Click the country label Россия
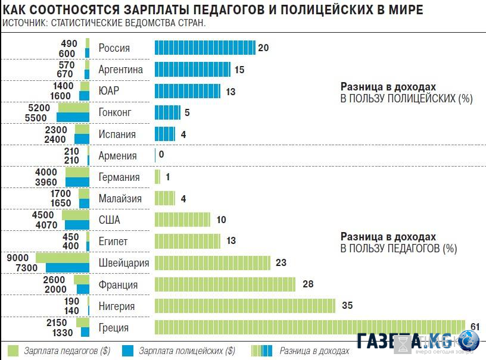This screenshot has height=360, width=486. (114, 48)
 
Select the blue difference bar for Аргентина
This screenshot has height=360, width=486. (192, 70)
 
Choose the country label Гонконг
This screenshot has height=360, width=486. (115, 112)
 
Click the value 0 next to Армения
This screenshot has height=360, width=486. (161, 155)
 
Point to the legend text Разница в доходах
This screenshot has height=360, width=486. (314, 350)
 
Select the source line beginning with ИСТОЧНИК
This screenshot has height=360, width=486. (104, 24)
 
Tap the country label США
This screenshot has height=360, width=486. (110, 220)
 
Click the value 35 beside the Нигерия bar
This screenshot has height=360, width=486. (347, 306)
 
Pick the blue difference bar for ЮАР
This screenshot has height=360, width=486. (187, 91)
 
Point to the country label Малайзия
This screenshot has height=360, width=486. (120, 199)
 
